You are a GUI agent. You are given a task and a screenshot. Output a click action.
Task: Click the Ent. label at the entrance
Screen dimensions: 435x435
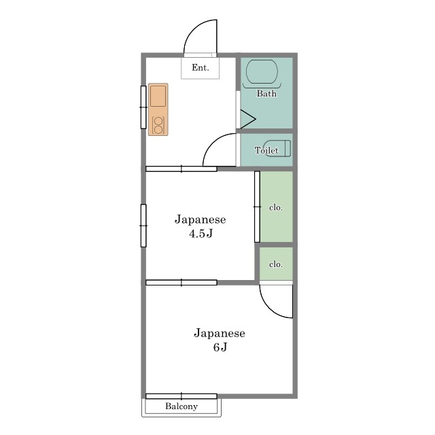(x=201, y=67)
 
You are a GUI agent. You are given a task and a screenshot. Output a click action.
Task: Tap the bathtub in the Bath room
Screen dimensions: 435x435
(x=262, y=72)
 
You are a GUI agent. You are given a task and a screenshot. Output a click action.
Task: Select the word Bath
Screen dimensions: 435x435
(x=266, y=94)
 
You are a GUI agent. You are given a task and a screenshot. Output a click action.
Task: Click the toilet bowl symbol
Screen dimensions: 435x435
(x=278, y=148)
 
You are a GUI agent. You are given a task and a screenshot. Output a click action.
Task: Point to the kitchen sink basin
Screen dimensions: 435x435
(x=158, y=96)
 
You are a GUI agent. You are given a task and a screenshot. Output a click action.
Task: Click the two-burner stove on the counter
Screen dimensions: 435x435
(x=158, y=125)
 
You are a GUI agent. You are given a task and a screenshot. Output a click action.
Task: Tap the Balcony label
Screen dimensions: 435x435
(x=181, y=406)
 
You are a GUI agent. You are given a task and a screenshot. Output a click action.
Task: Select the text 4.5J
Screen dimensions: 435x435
(x=201, y=234)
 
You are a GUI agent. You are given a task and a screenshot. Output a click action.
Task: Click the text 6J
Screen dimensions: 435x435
(x=220, y=347)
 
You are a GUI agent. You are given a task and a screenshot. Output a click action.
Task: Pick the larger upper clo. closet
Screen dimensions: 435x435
(x=276, y=207)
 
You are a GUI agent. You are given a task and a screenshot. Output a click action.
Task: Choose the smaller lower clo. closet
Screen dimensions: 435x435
(x=276, y=264)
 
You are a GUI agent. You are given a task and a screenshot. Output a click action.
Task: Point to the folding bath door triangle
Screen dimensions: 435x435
(x=247, y=120)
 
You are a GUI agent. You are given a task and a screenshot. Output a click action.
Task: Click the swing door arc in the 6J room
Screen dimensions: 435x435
(x=270, y=309)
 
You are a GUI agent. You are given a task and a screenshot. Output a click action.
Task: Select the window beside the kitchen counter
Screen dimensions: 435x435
(x=143, y=107)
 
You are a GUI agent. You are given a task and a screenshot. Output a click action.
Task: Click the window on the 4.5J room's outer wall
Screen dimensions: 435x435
(x=143, y=226)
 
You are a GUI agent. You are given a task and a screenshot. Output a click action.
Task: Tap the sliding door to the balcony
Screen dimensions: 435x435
(x=181, y=396)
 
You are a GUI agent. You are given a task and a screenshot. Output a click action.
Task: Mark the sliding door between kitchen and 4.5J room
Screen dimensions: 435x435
(x=181, y=169)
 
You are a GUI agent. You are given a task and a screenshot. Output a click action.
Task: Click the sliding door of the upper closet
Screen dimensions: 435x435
(x=257, y=207)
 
